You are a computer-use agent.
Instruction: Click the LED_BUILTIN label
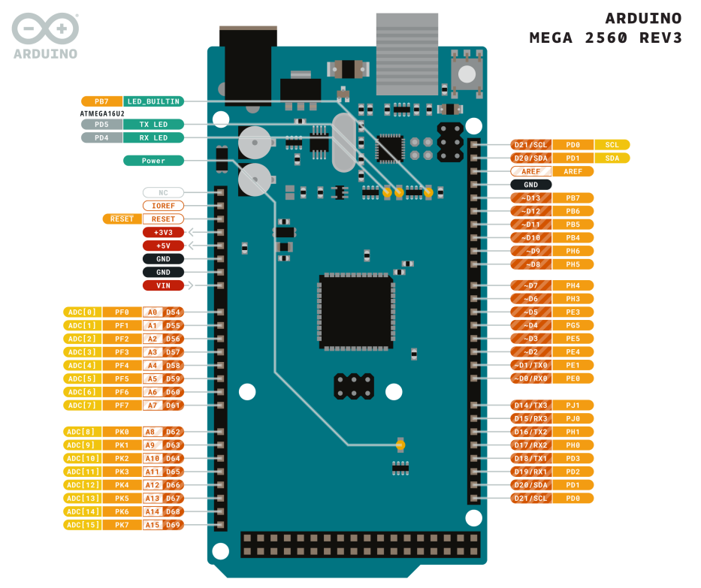pos(153,101)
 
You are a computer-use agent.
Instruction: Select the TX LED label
pos(153,124)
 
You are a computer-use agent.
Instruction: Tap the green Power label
pos(153,161)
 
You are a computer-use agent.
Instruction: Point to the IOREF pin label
pos(163,206)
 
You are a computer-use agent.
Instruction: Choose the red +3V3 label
pos(163,233)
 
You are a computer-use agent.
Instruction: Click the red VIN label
pos(163,285)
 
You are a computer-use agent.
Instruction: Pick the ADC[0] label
pos(82,312)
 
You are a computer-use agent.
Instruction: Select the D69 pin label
pos(174,525)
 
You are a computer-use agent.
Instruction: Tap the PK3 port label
pos(122,472)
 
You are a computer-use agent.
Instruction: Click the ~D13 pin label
pos(531,198)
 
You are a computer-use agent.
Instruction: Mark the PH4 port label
pos(573,285)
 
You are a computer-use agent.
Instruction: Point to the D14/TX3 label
pos(531,406)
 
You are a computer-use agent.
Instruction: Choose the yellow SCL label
pos(612,145)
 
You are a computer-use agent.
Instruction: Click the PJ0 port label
pos(573,418)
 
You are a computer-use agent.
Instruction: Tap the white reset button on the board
pos(467,74)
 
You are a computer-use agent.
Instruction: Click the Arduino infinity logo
pos(45,29)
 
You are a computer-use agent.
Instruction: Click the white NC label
pos(163,193)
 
